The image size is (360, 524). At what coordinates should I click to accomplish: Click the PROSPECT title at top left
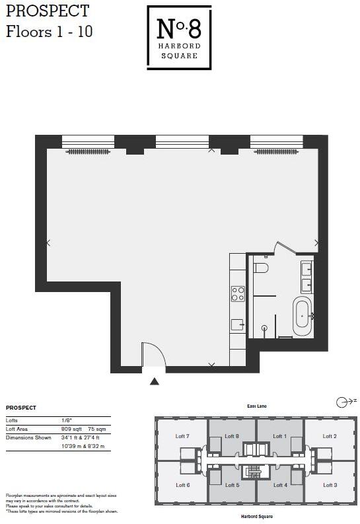47,11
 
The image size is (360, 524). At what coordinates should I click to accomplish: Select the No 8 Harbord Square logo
179,37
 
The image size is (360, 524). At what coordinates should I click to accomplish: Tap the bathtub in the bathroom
303,316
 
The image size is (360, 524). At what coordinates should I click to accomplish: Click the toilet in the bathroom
262,268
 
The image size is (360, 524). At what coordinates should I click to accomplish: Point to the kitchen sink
238,324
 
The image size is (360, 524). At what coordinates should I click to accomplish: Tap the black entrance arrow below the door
155,381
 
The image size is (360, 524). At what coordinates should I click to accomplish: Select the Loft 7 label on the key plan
183,436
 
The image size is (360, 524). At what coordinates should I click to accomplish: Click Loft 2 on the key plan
330,436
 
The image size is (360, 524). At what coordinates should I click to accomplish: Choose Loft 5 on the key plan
232,485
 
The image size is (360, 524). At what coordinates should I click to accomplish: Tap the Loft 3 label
330,485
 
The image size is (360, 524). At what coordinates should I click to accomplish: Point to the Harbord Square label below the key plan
256,516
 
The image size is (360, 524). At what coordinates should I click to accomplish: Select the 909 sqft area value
70,429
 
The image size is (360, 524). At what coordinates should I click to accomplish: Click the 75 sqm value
97,429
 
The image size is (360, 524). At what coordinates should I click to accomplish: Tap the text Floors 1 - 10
49,32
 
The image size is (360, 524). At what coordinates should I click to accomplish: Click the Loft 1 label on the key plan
280,436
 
